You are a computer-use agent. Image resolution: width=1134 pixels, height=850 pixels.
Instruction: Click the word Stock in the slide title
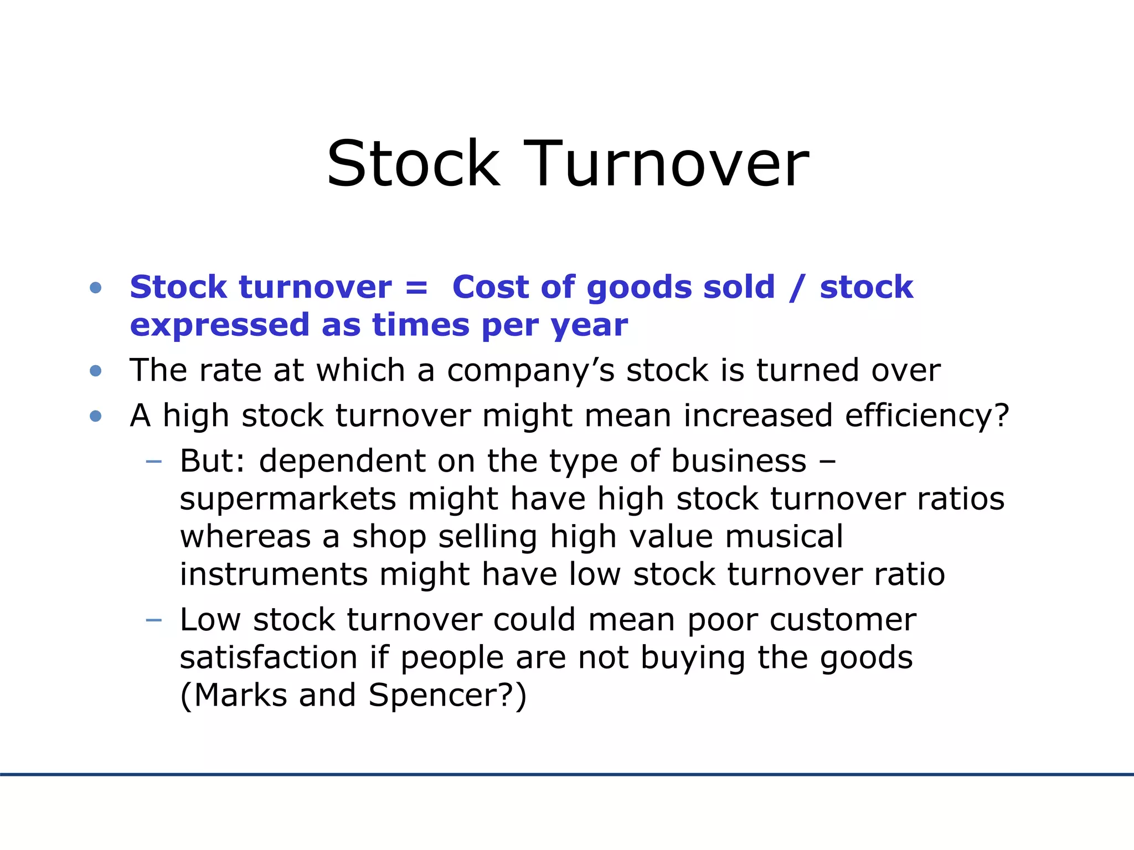[414, 164]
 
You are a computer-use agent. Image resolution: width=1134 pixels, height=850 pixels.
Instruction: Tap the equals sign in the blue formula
[416, 288]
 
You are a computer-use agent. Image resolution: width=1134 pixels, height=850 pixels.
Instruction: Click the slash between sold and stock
[796, 288]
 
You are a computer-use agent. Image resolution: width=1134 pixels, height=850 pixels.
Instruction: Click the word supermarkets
[288, 500]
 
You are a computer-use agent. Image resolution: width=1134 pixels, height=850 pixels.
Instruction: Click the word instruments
[274, 574]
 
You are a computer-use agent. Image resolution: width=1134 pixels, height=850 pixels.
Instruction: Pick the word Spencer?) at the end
[447, 696]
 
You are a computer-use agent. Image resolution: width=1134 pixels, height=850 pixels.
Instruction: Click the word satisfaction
[269, 658]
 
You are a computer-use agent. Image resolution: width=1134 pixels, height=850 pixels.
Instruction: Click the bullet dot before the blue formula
[96, 288]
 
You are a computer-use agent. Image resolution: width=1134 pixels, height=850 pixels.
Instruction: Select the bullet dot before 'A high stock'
[96, 416]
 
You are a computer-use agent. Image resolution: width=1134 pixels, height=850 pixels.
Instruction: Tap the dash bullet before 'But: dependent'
[153, 462]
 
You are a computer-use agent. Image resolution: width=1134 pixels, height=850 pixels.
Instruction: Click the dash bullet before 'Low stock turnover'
[153, 620]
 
